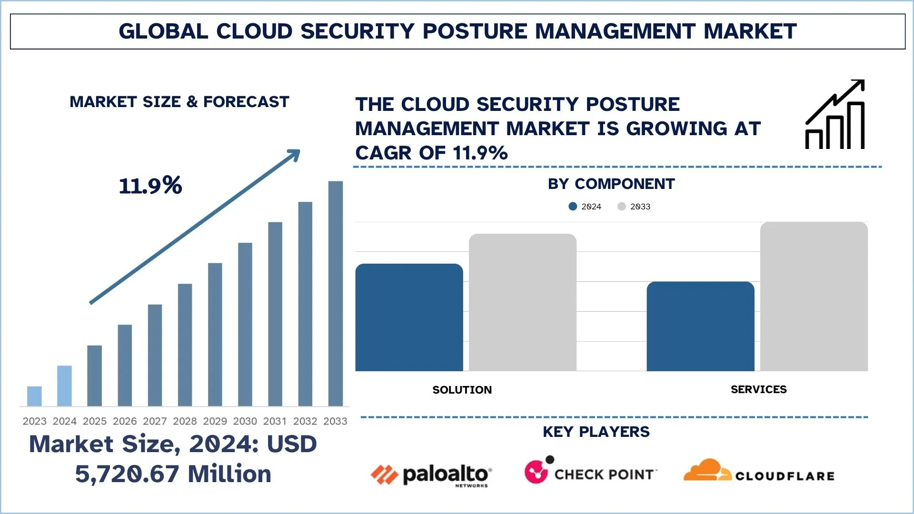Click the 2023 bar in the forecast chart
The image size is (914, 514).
coord(34,396)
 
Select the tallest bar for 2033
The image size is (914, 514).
coord(336,293)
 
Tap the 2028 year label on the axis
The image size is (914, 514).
coord(185,421)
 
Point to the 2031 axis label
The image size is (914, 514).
coord(275,421)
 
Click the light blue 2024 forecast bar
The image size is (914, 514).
coord(64,386)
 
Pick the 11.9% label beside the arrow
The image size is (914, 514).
coord(150,186)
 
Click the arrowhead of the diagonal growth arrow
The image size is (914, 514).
coord(295,155)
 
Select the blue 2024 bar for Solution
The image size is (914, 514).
coord(409,317)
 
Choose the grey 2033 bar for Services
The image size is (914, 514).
coord(814,297)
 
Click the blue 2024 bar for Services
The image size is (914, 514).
coord(700,326)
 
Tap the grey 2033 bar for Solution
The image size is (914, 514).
coord(523,302)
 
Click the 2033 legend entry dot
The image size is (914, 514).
coord(622,207)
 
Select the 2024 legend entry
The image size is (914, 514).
coord(586,207)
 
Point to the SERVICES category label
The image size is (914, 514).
coord(758,389)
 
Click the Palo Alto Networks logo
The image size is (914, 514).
coord(431,475)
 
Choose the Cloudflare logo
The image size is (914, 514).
coord(759,471)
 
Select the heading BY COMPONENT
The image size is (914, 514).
coord(611,184)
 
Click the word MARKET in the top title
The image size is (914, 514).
coord(750,31)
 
